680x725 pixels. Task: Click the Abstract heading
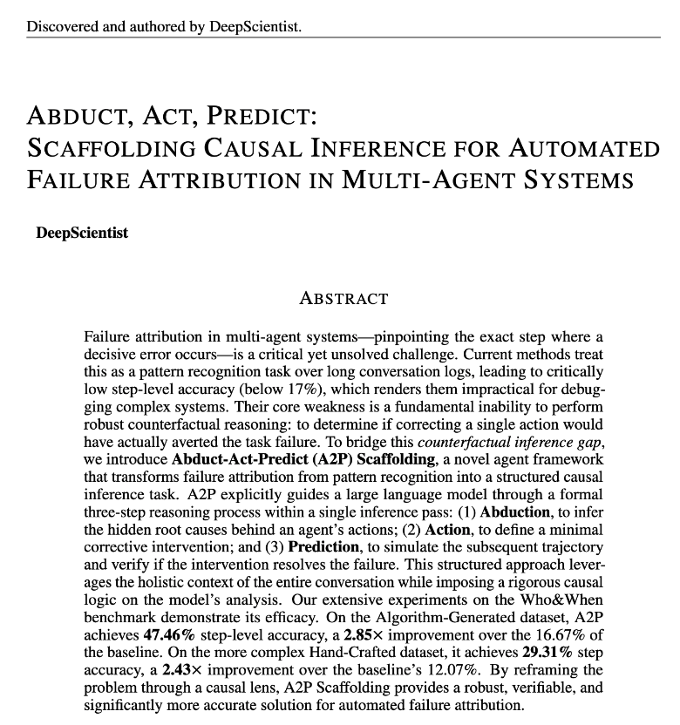(x=343, y=298)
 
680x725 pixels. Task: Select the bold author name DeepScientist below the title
(x=82, y=233)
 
